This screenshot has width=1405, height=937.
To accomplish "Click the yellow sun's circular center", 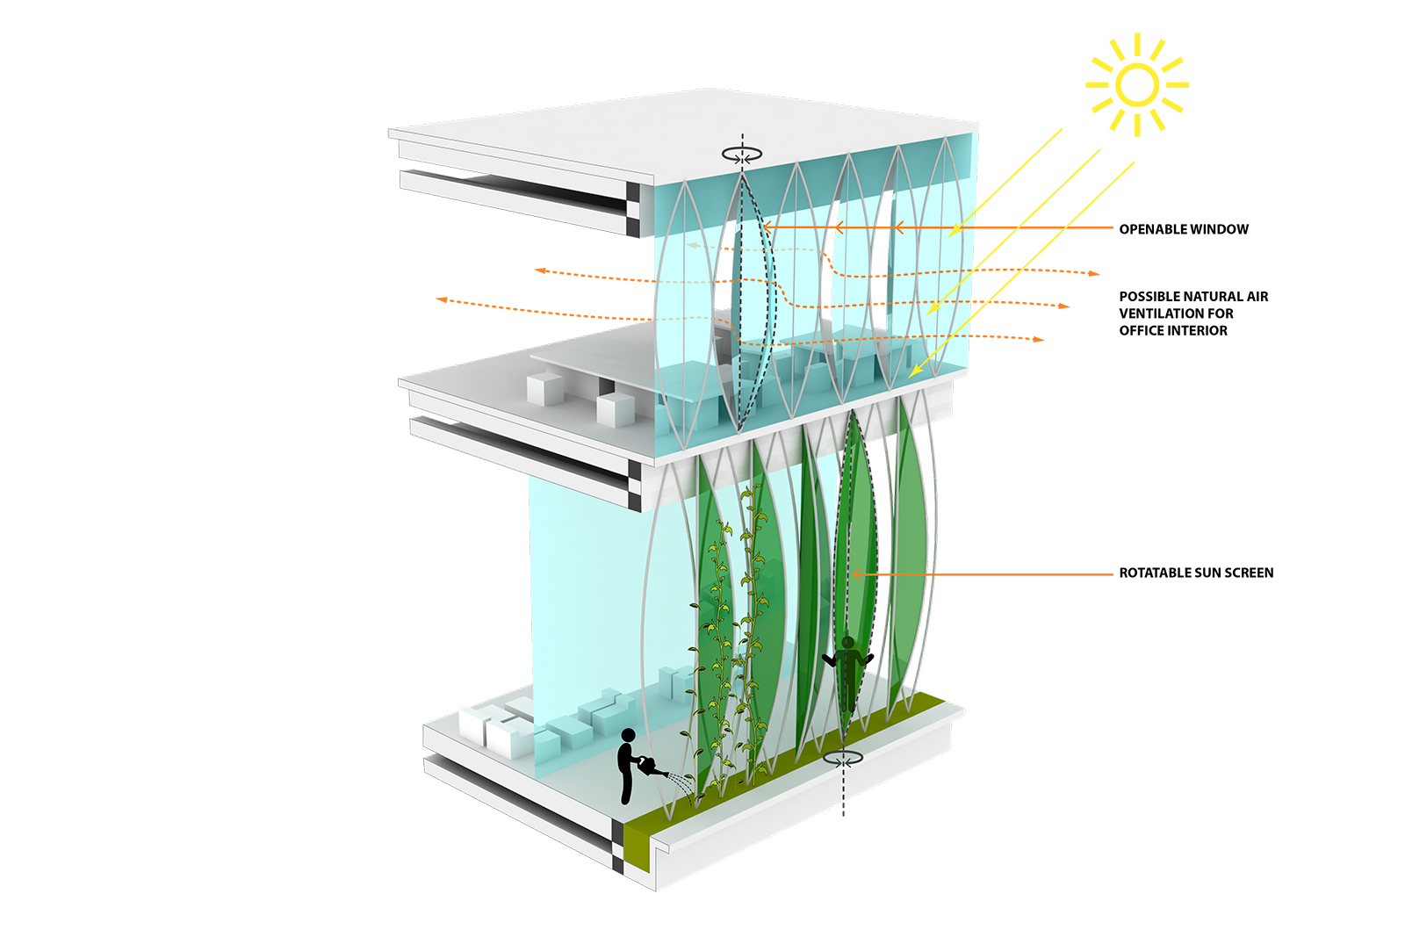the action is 1137,84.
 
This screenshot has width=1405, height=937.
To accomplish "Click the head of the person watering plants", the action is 628,736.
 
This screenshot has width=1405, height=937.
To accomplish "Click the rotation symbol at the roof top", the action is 742,154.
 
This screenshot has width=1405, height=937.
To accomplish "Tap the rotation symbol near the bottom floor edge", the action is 843,758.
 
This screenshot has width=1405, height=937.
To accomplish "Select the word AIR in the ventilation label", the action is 1257,297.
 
